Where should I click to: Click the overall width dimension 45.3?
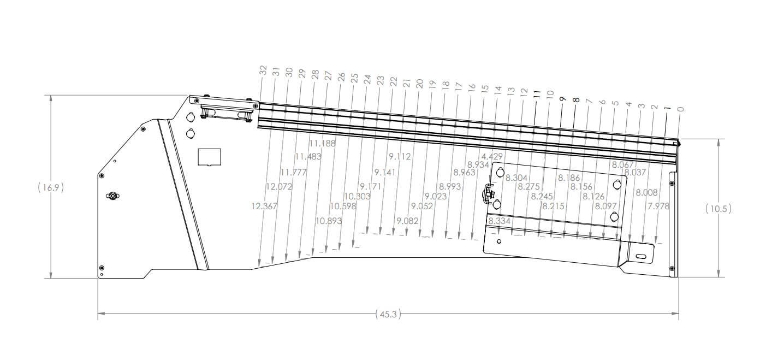click(x=388, y=314)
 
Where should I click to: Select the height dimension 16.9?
click(x=51, y=187)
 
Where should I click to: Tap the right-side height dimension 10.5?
click(x=718, y=208)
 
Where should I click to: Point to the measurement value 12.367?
click(x=265, y=206)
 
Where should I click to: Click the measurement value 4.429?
click(x=492, y=157)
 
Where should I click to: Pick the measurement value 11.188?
click(x=322, y=143)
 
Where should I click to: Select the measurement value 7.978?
click(x=658, y=206)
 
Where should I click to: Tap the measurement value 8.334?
click(x=499, y=221)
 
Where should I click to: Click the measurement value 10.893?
click(x=329, y=221)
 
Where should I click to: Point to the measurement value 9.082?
click(x=407, y=221)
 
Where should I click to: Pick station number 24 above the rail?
click(x=367, y=79)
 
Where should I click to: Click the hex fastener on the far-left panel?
click(x=112, y=196)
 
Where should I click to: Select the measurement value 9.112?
click(x=400, y=157)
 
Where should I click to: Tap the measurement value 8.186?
click(x=568, y=178)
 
